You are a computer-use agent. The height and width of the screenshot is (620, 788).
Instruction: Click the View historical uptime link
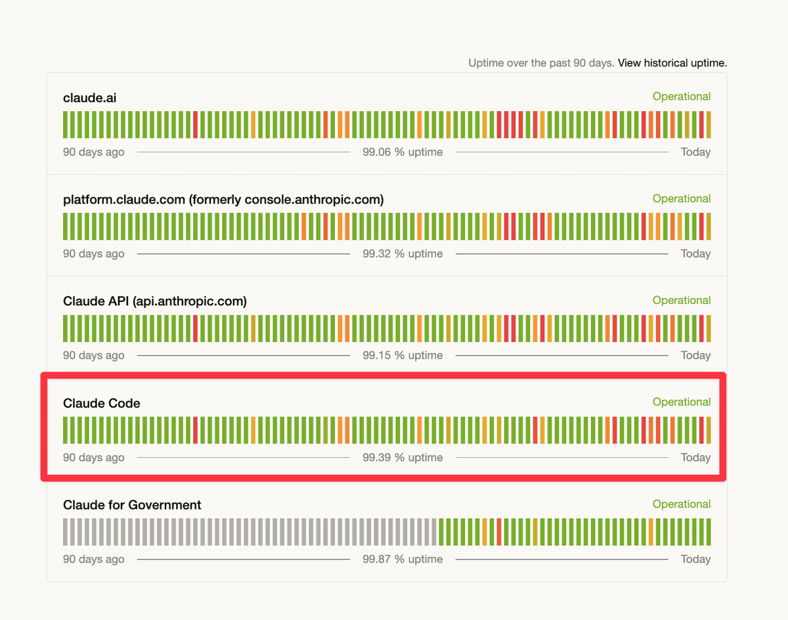point(672,63)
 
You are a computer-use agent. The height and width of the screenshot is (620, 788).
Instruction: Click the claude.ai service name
point(89,98)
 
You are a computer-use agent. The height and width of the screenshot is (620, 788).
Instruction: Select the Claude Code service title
point(101,403)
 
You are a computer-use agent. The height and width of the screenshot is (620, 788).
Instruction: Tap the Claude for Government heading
point(132,505)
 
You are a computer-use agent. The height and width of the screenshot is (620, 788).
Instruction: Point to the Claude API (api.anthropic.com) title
point(154,301)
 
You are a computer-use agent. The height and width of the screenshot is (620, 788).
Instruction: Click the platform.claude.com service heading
point(223,200)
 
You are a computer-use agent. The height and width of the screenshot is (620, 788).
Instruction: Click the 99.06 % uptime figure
point(403,152)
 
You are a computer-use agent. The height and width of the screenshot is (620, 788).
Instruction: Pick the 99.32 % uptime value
point(403,254)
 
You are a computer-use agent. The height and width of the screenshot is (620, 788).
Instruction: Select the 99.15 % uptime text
point(403,355)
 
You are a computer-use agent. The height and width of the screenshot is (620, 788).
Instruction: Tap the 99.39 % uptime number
point(403,457)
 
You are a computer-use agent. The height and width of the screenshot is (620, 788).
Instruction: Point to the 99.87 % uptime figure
point(403,559)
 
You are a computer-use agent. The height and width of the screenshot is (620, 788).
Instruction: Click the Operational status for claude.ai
point(681,97)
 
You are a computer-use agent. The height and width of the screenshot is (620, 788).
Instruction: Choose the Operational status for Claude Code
point(681,402)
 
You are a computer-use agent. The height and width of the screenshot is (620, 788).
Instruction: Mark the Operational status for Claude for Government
point(681,504)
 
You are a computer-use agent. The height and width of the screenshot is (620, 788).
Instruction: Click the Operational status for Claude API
point(681,300)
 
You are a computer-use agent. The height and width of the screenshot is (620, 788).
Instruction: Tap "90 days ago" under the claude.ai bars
point(93,152)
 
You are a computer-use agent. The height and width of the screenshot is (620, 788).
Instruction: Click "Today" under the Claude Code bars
point(695,457)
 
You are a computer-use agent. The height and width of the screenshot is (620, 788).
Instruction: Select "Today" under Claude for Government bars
point(695,559)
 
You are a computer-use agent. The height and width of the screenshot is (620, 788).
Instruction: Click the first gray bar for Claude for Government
point(66,531)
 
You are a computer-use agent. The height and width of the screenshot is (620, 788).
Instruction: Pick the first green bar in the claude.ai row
point(66,124)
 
